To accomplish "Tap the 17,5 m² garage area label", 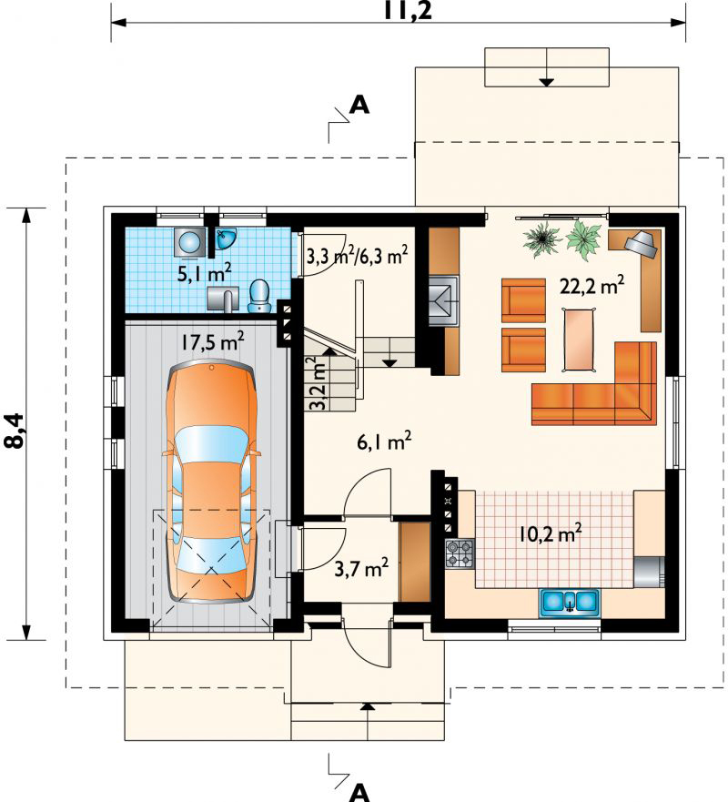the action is click(212, 341).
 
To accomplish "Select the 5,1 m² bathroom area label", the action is click(204, 272).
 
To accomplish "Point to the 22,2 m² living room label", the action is click(591, 286).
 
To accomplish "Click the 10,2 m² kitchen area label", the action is click(550, 533).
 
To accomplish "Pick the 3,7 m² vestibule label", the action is click(361, 568).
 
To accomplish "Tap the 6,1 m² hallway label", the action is click(384, 442).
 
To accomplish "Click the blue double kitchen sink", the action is click(569, 603).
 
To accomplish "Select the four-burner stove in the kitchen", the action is click(460, 553).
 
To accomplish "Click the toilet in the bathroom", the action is click(259, 296).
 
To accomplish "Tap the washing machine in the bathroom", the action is click(191, 241).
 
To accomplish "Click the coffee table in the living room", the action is click(580, 339).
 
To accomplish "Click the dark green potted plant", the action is click(541, 239).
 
